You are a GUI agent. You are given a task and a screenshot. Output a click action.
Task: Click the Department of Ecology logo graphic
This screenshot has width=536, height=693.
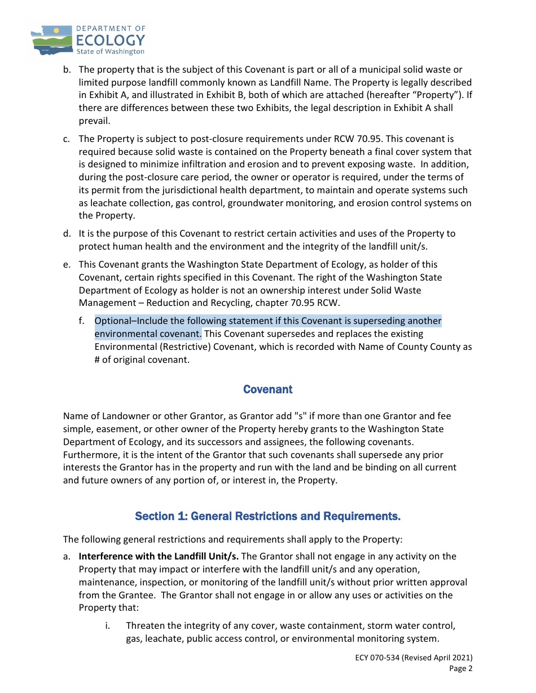click(52, 39)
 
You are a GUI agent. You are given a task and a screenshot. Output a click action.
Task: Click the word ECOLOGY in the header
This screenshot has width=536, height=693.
click(111, 40)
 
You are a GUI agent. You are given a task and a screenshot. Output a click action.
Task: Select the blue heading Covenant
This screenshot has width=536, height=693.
click(267, 389)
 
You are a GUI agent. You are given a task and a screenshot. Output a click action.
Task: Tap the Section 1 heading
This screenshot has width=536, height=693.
click(267, 516)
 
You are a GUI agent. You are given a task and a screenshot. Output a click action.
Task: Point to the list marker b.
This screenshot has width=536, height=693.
click(67, 69)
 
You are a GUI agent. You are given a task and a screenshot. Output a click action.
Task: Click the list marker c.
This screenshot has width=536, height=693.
click(67, 139)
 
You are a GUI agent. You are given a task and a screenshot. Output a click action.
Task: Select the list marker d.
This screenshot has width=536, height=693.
click(67, 233)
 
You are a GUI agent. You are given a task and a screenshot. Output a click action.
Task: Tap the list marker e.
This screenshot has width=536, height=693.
click(67, 264)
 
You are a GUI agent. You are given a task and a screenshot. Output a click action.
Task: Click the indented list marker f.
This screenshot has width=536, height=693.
click(82, 321)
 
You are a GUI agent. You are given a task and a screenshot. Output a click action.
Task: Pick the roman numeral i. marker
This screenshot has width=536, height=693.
click(107, 625)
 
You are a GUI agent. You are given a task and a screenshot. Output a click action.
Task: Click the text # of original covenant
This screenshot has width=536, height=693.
click(142, 359)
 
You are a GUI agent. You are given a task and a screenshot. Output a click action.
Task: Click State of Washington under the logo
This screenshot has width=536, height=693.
click(110, 51)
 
